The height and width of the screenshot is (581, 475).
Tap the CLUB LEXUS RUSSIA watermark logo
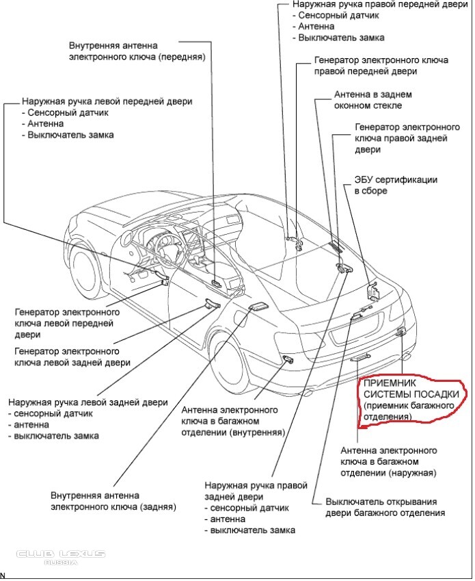click(x=61, y=556)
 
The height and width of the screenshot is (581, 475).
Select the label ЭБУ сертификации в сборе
click(x=395, y=185)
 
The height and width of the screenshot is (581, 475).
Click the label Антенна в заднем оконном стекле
click(x=368, y=100)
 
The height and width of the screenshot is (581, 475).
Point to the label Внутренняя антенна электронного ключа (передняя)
click(x=137, y=51)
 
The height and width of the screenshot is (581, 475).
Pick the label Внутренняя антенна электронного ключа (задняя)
click(x=113, y=501)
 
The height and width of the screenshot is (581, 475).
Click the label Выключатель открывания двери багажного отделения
click(x=385, y=506)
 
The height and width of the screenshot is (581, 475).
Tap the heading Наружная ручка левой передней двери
click(x=107, y=101)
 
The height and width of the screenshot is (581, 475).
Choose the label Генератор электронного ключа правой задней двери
click(x=401, y=138)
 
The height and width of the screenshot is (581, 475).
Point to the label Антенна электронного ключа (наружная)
click(x=389, y=462)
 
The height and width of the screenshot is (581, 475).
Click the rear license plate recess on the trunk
click(x=363, y=335)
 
